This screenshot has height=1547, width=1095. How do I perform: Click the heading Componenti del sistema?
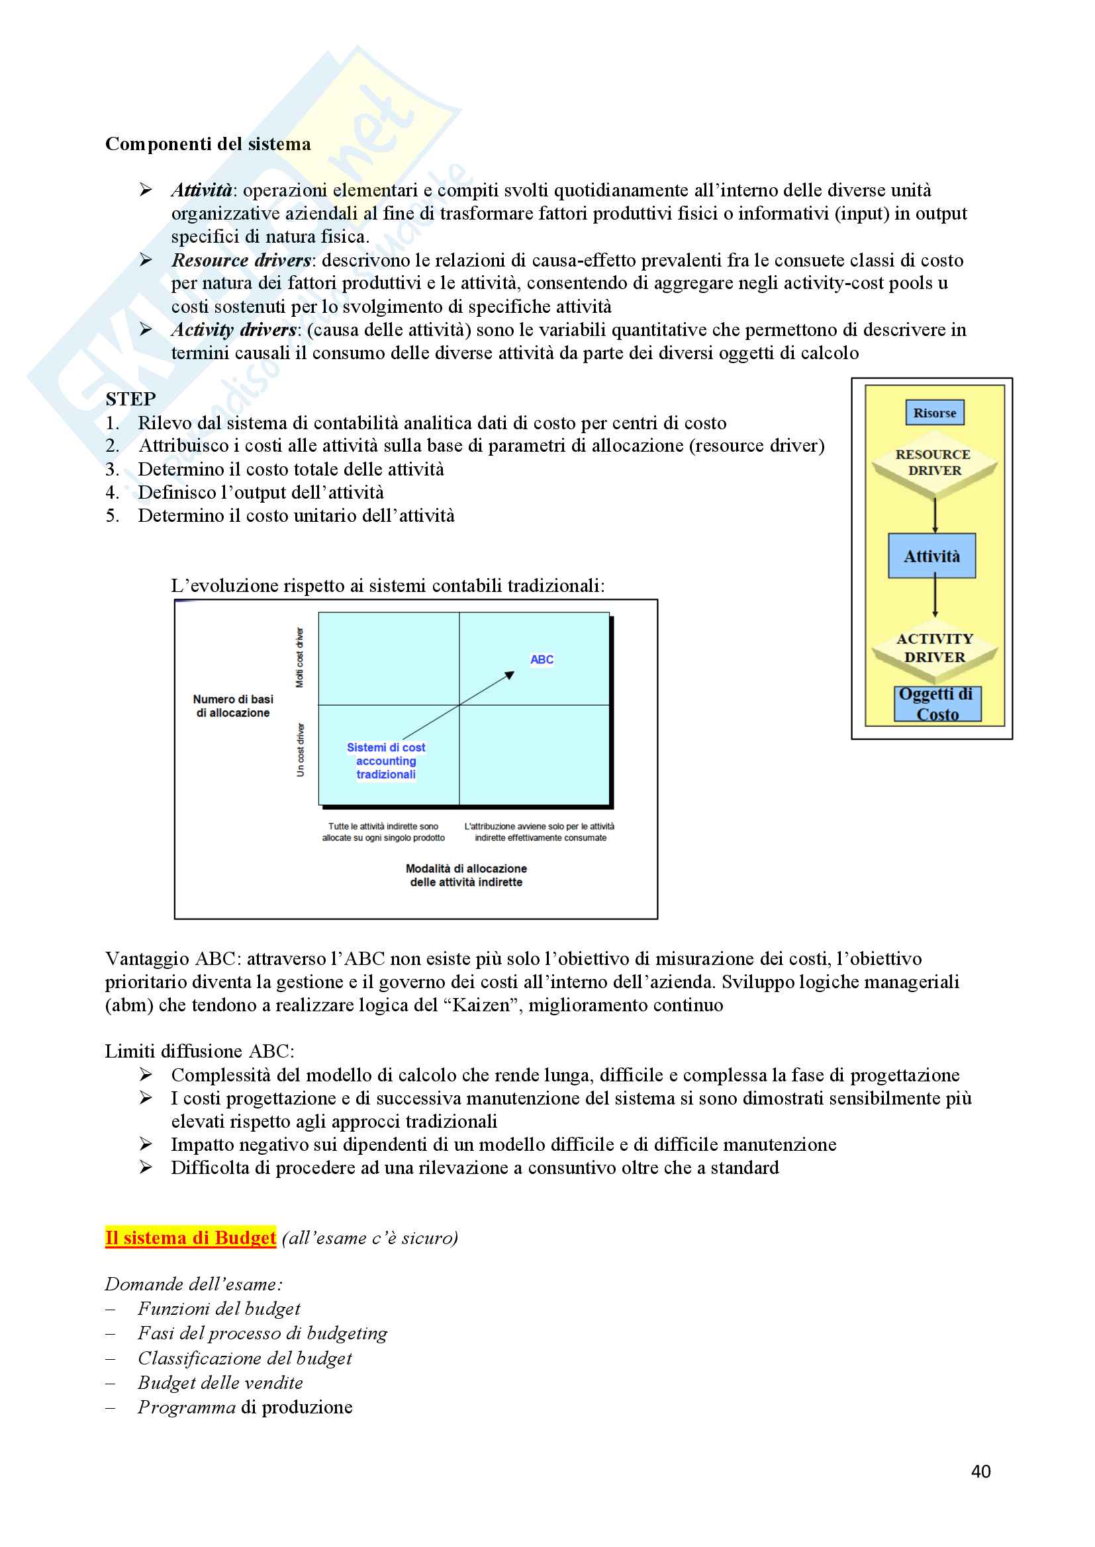208,144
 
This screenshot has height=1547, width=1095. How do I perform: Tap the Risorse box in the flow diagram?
935,413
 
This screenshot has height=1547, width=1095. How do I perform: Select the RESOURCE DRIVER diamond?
934,463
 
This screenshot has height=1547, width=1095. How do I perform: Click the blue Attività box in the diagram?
932,556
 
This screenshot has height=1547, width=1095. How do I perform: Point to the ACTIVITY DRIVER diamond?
935,648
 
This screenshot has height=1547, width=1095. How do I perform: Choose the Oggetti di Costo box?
937,704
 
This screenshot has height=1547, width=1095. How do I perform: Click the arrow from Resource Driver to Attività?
935,516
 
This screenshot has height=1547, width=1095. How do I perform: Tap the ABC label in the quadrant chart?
542,659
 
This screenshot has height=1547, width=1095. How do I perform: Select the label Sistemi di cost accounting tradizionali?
386,761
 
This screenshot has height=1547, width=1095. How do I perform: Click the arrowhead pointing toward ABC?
510,675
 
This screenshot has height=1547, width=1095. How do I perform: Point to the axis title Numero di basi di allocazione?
232,706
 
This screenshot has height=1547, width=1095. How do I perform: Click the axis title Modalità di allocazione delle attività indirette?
466,875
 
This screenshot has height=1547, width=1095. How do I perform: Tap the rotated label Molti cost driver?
300,657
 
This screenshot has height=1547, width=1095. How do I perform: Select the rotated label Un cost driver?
301,749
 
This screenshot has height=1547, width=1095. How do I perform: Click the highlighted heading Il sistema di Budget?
191,1237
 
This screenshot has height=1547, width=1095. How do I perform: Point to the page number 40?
980,1472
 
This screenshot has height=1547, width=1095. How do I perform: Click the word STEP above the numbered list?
131,399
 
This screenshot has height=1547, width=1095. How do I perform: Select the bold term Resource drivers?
241,260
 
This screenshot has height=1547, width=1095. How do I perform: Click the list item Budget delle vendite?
220,1382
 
